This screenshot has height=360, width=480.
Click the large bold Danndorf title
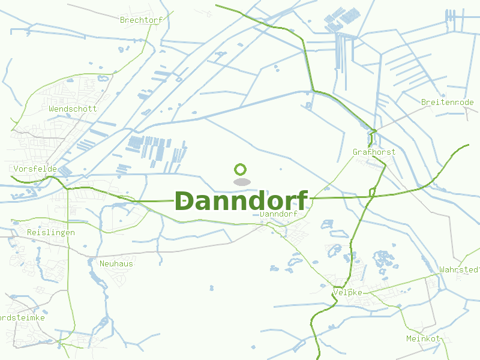(241, 201)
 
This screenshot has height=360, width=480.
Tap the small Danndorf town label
(279, 214)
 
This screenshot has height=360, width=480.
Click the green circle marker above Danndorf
(241, 169)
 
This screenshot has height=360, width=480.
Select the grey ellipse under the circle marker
(241, 181)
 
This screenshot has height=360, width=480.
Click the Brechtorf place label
(141, 20)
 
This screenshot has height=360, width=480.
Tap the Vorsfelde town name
(35, 169)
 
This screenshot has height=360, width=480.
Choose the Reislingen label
(51, 232)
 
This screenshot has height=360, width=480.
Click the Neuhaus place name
(116, 263)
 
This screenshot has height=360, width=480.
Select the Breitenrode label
(448, 103)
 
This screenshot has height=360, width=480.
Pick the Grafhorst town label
(374, 152)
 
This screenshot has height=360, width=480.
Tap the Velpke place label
(347, 292)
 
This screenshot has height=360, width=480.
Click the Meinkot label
(423, 338)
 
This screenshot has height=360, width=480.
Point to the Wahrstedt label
(460, 269)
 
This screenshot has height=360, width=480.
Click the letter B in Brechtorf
(122, 20)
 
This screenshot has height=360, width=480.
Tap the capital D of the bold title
(185, 201)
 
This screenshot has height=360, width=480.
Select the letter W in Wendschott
(52, 109)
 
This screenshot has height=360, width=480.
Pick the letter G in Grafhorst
(355, 152)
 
